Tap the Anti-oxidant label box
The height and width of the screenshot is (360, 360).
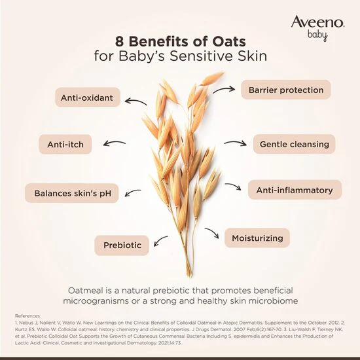87,99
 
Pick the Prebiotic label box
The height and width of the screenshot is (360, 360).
122,245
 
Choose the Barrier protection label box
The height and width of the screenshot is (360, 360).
286,90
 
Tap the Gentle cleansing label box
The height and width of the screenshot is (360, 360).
293,144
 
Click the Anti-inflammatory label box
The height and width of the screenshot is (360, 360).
295,190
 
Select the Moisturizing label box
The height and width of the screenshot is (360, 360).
257,238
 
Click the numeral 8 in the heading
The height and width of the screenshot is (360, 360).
120,41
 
